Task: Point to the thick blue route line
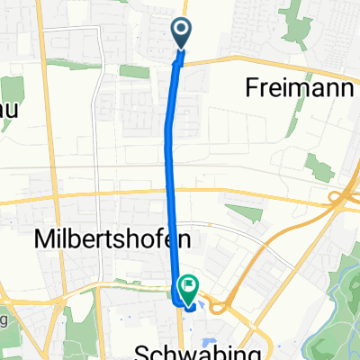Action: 170,162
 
